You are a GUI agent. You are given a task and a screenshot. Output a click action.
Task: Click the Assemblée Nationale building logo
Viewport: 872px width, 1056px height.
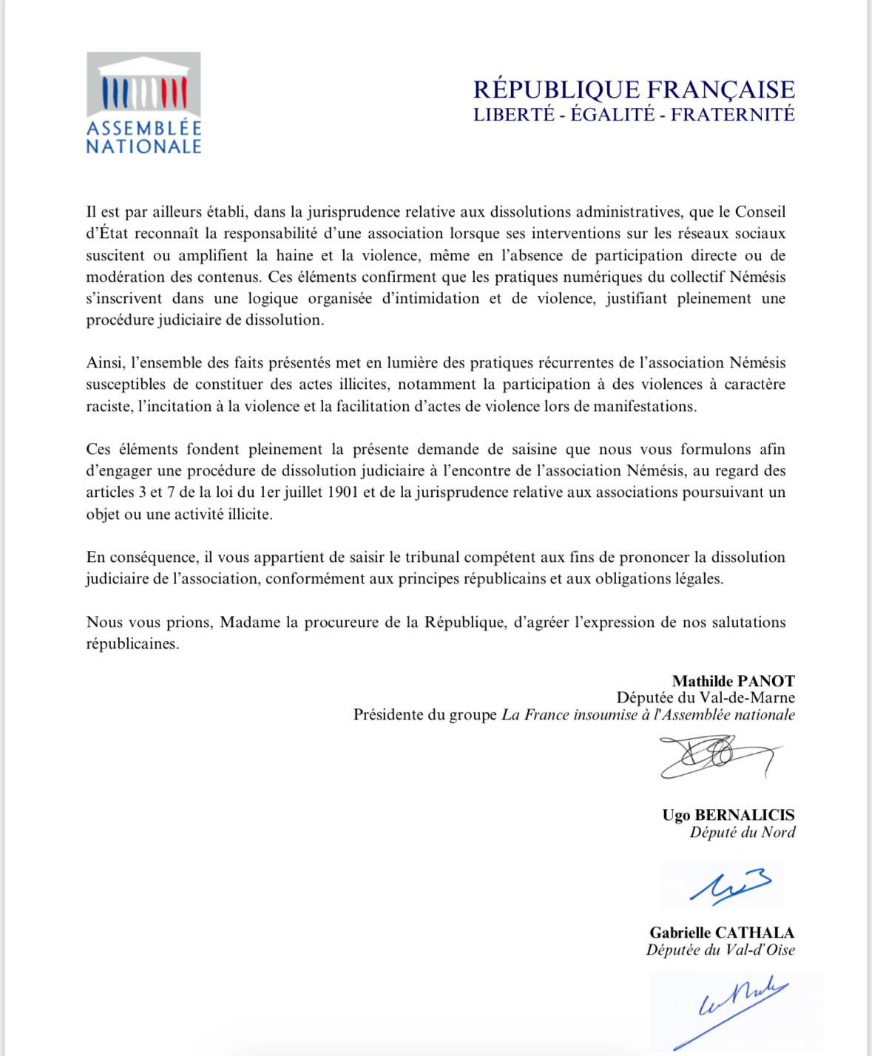click(x=143, y=102)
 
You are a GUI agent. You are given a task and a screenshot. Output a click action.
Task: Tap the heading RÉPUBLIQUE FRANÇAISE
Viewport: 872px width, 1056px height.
click(x=634, y=89)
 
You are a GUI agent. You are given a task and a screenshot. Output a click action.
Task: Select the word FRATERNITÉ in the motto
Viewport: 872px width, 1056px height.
click(x=732, y=115)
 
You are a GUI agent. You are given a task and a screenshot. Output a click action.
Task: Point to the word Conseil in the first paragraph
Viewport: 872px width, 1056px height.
click(x=760, y=212)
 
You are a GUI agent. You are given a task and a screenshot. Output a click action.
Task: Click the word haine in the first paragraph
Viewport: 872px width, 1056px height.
click(x=294, y=256)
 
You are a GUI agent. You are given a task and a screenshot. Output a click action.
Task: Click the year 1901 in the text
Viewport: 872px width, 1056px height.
click(x=342, y=493)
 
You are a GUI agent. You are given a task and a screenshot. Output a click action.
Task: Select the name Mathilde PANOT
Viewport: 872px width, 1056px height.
click(x=733, y=681)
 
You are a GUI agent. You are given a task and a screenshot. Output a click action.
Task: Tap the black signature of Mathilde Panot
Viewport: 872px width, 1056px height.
click(x=717, y=756)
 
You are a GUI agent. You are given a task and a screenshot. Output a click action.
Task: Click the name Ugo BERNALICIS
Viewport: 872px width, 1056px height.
click(x=728, y=815)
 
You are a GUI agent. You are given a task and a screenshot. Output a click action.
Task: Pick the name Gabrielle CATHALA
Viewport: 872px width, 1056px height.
click(x=722, y=933)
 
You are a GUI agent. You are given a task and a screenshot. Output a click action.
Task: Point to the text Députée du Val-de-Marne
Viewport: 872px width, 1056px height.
click(x=706, y=697)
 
